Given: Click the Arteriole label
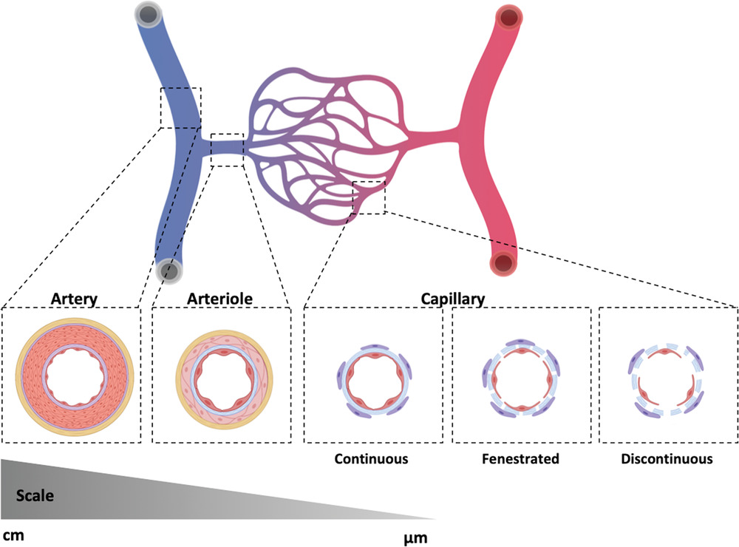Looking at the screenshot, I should [x=220, y=299].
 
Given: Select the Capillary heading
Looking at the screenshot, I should [x=452, y=299].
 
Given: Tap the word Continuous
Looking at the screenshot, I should [x=371, y=458].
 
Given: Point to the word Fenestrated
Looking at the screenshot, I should [x=520, y=458].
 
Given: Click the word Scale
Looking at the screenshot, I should [x=34, y=496].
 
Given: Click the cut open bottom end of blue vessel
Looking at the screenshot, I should [x=169, y=271].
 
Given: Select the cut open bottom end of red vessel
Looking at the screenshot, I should [x=505, y=262].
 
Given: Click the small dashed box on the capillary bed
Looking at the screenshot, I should [x=369, y=197].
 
